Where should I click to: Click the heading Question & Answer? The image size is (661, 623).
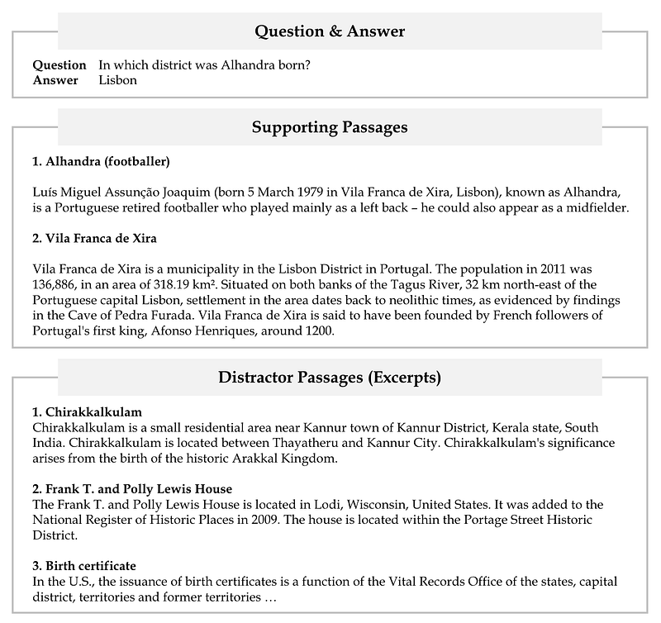pos(330,32)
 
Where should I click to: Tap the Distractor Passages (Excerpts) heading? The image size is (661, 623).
pos(330,378)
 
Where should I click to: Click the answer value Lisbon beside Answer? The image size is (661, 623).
pos(117,80)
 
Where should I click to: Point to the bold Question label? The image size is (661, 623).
pos(59,64)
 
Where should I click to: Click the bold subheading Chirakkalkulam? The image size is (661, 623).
pos(87,411)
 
